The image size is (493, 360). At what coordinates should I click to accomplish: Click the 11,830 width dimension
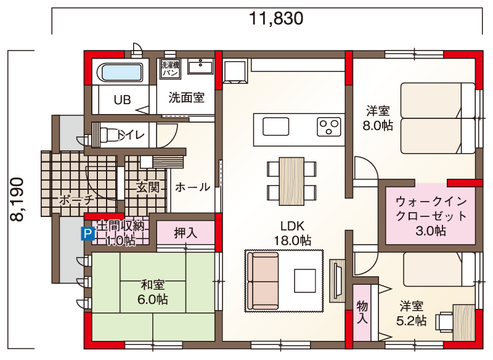[276, 18]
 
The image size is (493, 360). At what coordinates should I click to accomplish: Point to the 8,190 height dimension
[17, 199]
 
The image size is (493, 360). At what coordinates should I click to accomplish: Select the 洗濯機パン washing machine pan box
[170, 69]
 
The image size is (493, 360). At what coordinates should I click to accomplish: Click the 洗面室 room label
[187, 98]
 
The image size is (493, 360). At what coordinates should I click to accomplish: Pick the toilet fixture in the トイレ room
[106, 135]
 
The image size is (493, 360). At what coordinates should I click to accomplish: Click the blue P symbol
[88, 234]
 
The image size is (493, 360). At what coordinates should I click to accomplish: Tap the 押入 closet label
[185, 233]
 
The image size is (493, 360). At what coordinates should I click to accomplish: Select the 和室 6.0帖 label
[152, 292]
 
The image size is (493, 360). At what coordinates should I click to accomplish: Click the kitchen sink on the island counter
[275, 126]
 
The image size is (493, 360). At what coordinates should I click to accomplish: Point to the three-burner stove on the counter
[329, 127]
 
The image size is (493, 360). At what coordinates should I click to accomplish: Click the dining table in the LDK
[291, 181]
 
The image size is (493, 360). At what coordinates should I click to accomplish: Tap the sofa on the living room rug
[263, 280]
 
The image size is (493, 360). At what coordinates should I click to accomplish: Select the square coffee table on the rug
[305, 280]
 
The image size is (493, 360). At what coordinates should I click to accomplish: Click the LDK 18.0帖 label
[292, 233]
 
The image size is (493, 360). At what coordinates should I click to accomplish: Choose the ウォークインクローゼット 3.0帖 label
[431, 216]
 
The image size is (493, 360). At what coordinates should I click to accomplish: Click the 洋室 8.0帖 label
[378, 118]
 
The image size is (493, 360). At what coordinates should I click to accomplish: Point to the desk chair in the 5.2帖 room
[444, 321]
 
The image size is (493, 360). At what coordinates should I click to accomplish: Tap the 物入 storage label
[362, 312]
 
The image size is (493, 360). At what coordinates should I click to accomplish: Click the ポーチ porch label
[76, 200]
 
